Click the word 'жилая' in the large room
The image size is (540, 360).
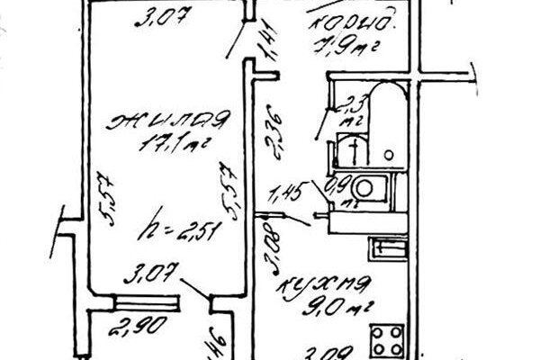167,120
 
